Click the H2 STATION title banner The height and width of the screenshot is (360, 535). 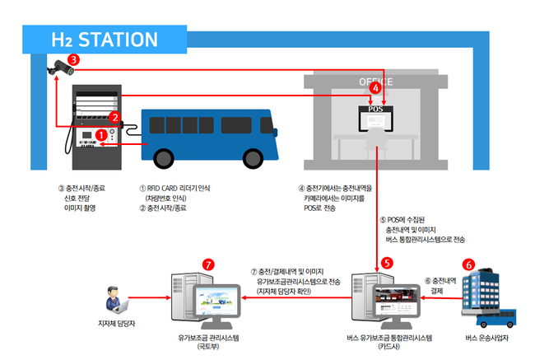(x=104, y=39)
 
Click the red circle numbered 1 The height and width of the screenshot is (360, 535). (x=101, y=133)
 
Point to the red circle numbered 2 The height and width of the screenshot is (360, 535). (x=116, y=117)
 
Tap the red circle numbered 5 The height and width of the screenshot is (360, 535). (x=387, y=261)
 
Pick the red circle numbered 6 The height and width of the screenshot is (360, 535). (x=469, y=264)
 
